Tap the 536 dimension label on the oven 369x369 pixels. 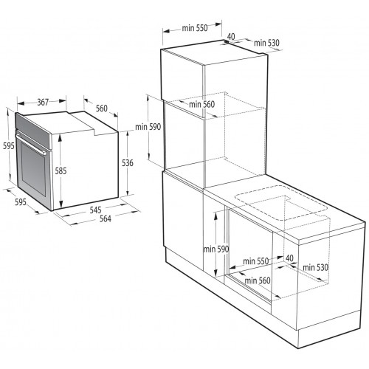click(127, 163)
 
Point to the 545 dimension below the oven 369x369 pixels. click(95, 210)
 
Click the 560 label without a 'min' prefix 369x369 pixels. click(102, 109)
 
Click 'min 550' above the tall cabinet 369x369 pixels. click(196, 29)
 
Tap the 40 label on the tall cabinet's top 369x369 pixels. click(231, 36)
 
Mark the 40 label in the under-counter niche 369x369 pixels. click(289, 258)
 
